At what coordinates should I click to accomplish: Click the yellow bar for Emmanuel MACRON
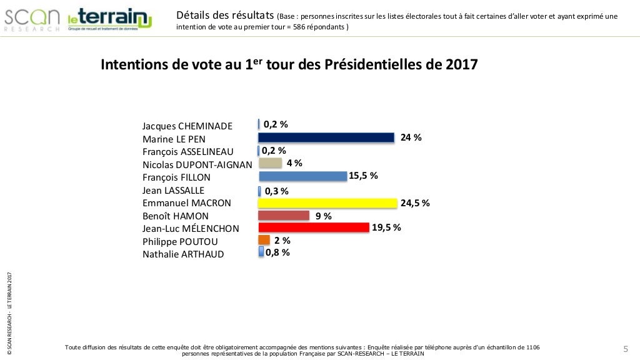pos(327,203)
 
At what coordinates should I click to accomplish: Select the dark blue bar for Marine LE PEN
pos(326,137)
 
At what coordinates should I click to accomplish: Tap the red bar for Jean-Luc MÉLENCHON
pos(313,227)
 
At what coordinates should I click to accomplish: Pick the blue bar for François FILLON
pos(302,176)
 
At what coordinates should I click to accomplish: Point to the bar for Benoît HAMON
pos(284,216)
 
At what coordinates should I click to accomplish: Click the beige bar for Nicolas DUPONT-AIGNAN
pos(270,163)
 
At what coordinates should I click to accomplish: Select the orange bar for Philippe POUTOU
pos(264,240)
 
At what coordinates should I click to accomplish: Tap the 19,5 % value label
pos(386,227)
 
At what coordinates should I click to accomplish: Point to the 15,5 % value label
pos(363,176)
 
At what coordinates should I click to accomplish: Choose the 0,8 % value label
pos(277,252)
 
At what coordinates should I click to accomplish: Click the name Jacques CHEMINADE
pos(187,126)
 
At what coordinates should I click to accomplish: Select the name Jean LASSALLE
pos(173,190)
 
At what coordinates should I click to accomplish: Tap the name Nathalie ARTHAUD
pos(183,254)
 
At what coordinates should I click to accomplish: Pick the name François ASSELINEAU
pos(187,152)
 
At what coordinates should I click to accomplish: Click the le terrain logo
pos(109,20)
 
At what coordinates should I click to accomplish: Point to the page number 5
pos(625,348)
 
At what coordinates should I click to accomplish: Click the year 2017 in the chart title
pos(461,65)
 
